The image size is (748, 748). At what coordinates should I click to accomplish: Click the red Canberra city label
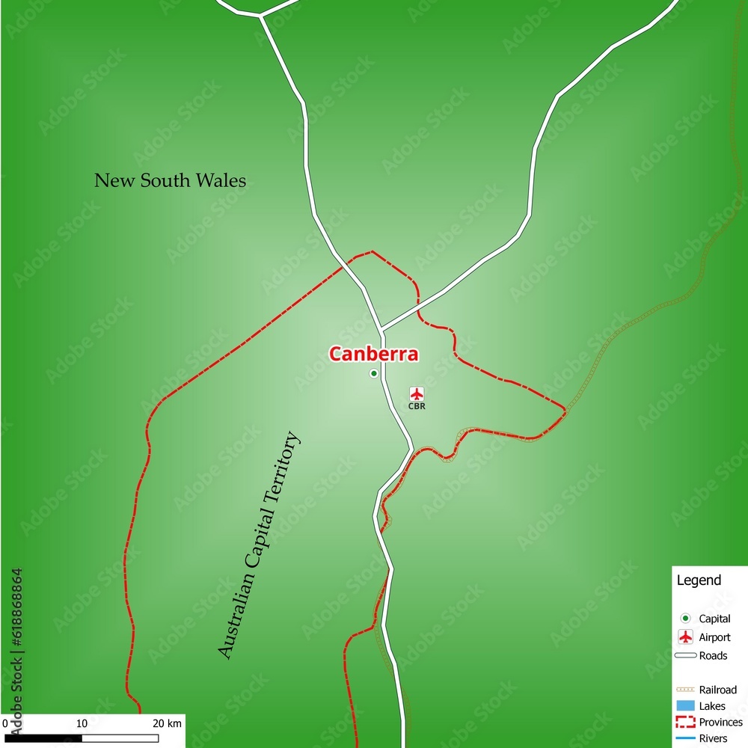(x=373, y=354)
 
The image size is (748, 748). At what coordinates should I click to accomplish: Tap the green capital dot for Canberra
(x=374, y=373)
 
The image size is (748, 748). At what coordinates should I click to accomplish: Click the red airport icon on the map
(x=417, y=393)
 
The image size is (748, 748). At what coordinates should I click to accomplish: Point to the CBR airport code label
(x=417, y=407)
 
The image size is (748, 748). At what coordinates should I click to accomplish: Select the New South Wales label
(x=170, y=180)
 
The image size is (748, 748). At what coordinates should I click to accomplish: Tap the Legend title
(x=699, y=580)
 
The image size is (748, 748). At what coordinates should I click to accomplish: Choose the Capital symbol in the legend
(x=685, y=619)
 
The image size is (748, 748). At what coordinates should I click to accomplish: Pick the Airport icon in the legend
(x=685, y=637)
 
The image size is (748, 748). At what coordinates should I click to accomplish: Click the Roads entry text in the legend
(x=713, y=656)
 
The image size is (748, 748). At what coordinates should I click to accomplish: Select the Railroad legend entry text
(x=717, y=690)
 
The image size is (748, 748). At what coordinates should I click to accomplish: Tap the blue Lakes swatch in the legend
(x=685, y=706)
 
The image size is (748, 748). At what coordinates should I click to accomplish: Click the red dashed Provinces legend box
(x=685, y=723)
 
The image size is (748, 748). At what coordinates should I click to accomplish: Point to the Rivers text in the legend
(x=713, y=739)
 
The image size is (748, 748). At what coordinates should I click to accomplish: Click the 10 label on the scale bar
(x=82, y=723)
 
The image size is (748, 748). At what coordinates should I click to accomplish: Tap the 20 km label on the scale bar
(x=167, y=723)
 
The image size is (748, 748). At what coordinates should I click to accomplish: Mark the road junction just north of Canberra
(x=381, y=328)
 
